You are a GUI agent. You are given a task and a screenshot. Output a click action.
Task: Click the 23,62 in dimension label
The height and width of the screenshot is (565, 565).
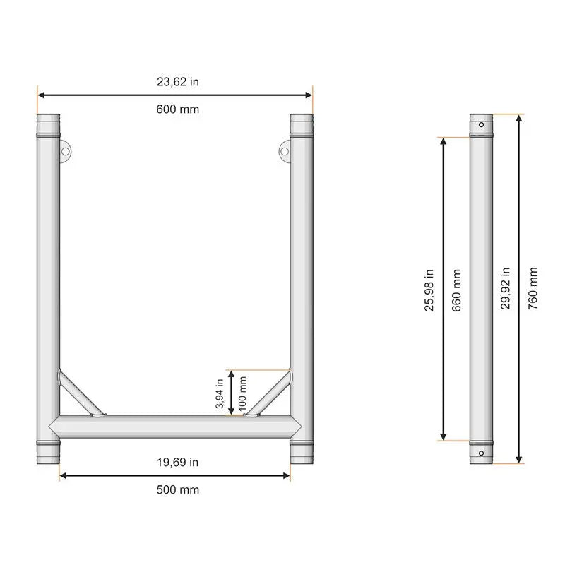click(178, 82)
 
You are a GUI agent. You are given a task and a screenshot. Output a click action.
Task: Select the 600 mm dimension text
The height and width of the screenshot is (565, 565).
click(178, 109)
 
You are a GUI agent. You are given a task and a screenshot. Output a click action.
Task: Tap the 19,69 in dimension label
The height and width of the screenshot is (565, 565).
click(178, 463)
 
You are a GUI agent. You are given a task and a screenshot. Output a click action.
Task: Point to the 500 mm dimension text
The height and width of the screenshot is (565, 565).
click(178, 489)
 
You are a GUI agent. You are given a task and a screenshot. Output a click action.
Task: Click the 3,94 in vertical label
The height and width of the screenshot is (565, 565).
click(220, 393)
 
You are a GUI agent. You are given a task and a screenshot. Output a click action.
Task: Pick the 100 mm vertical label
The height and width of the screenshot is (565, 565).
click(242, 393)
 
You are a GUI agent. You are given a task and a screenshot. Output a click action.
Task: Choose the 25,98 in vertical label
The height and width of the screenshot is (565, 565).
click(429, 290)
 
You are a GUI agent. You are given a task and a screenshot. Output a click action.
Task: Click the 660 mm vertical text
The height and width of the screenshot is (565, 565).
click(456, 290)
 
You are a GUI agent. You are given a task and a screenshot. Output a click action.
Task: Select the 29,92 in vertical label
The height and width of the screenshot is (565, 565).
click(506, 288)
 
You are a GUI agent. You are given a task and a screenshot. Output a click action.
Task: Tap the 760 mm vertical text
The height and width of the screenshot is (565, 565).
click(533, 288)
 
